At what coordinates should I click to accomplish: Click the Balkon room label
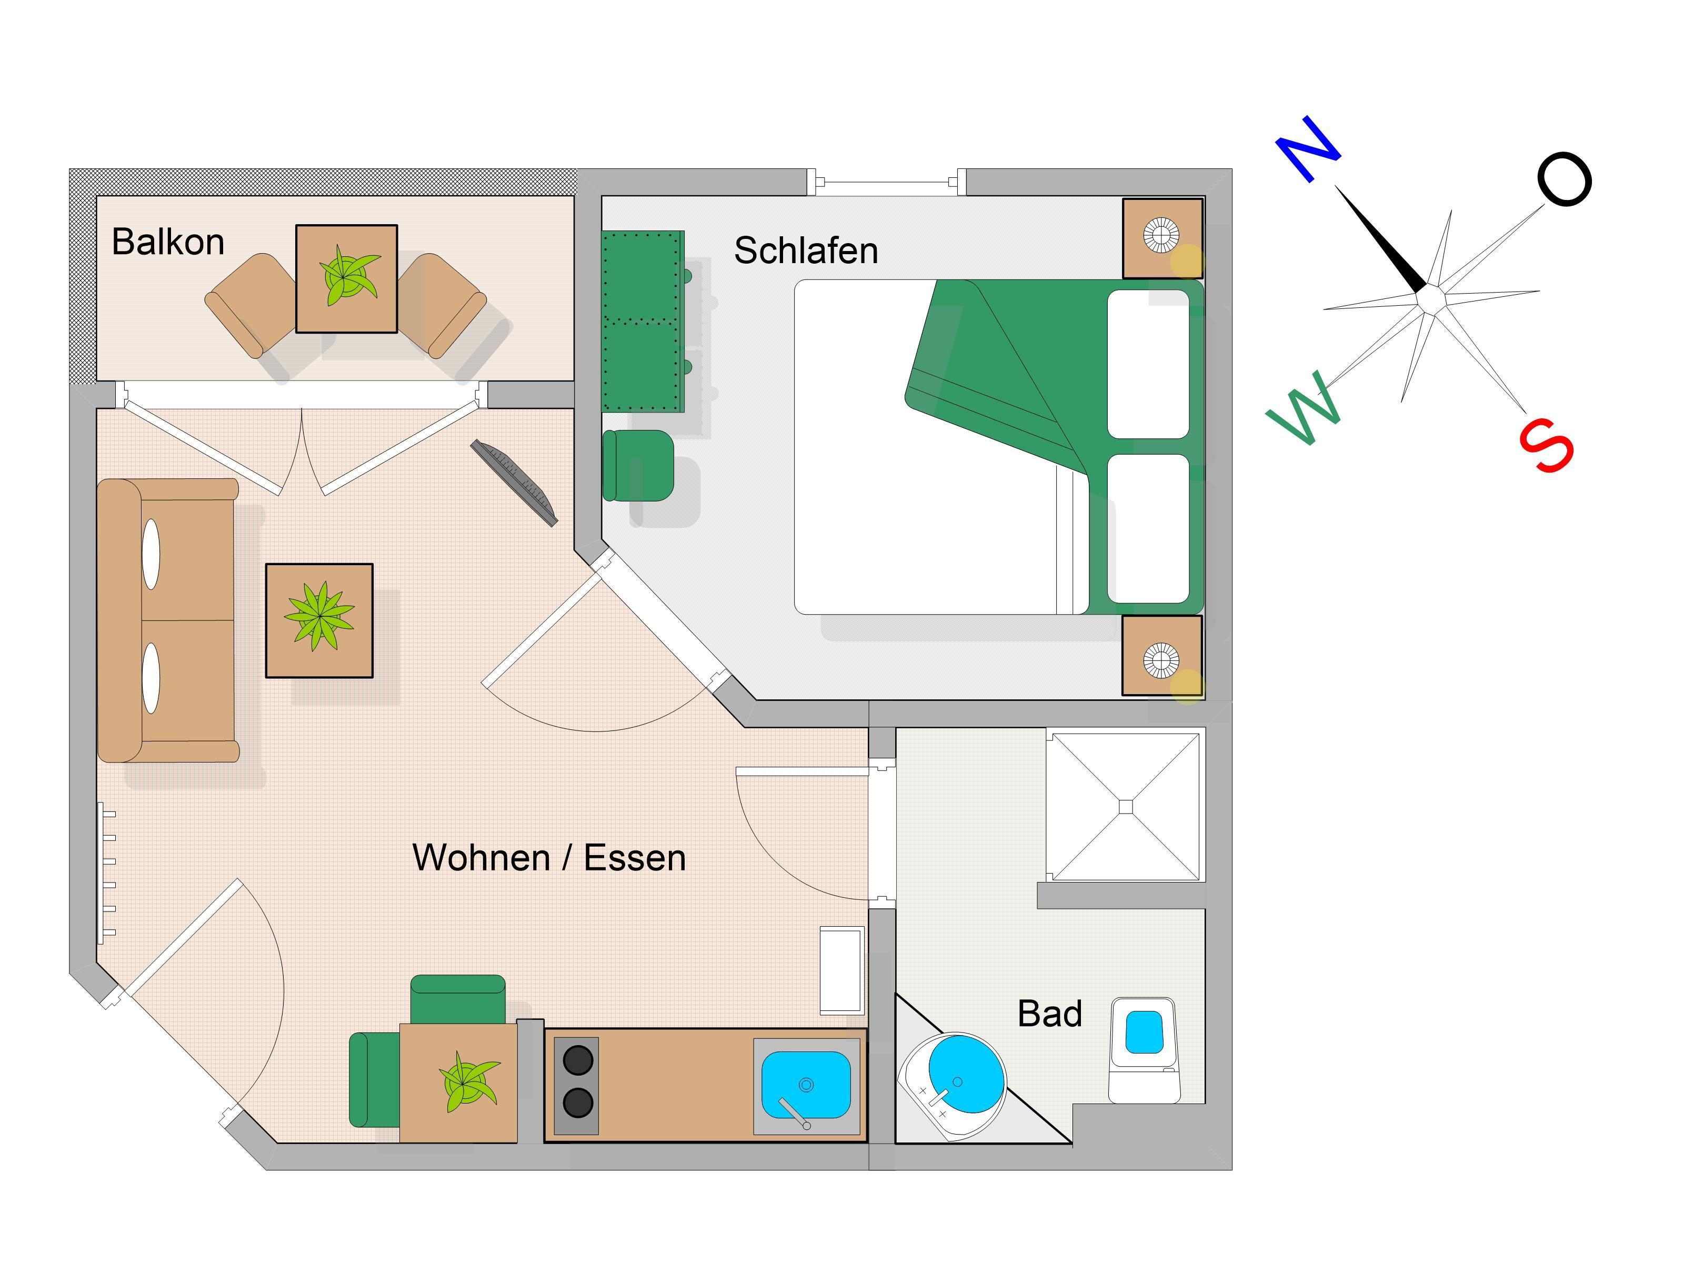(x=168, y=242)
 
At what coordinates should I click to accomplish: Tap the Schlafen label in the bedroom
(x=806, y=250)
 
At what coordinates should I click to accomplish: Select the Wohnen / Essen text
(x=549, y=858)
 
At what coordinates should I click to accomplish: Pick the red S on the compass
(x=1546, y=445)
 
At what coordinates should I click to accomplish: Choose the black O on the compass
(x=1565, y=179)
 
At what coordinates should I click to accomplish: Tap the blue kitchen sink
(x=806, y=1084)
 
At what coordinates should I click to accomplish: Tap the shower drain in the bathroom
(x=1126, y=807)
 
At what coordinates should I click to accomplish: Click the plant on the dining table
(x=467, y=1082)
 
